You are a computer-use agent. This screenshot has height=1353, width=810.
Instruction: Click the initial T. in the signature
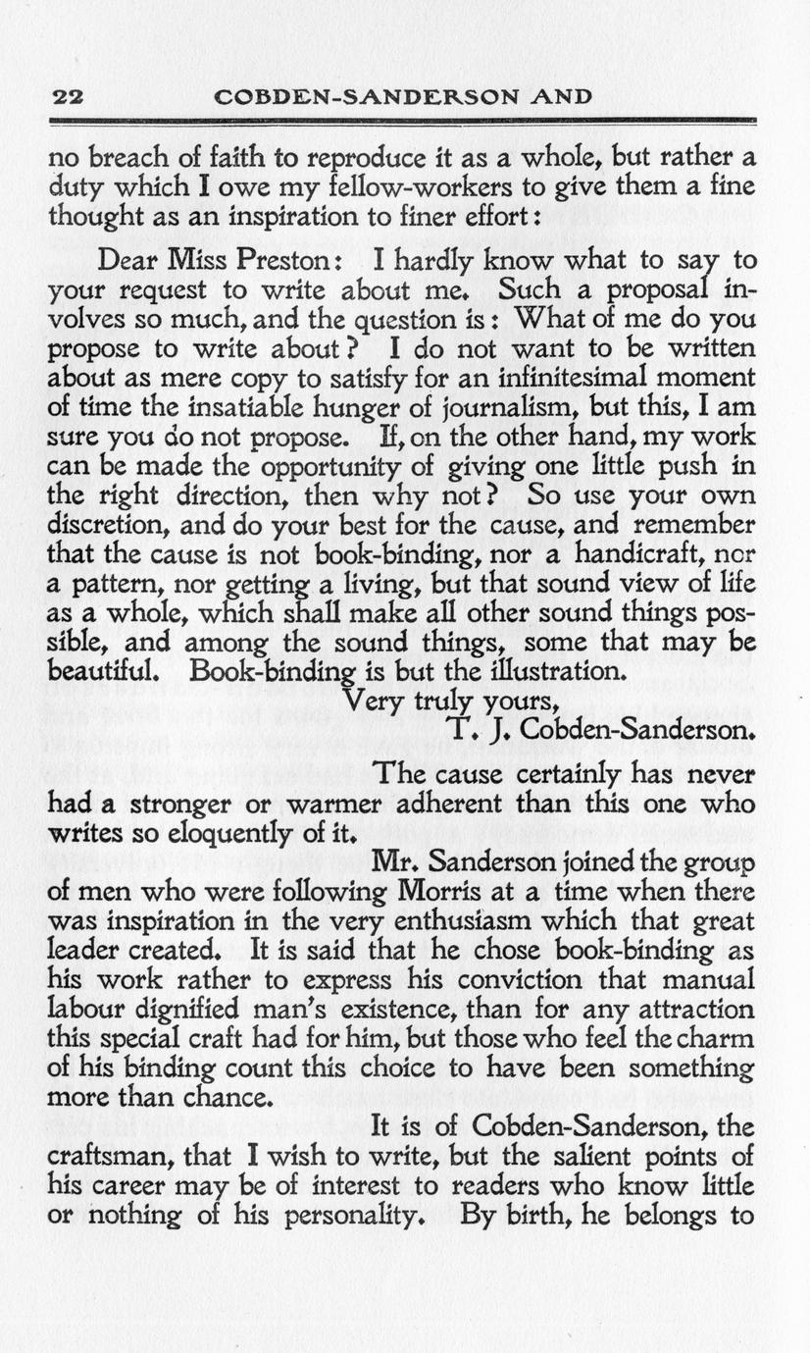(x=464, y=732)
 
